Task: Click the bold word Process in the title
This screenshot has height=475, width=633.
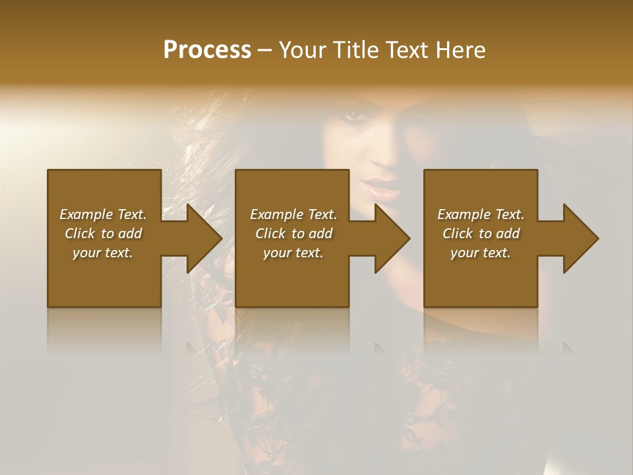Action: [207, 49]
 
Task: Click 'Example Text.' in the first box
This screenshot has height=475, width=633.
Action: [103, 214]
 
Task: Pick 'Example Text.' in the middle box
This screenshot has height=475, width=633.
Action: [293, 214]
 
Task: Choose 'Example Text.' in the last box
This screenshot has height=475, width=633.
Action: [481, 214]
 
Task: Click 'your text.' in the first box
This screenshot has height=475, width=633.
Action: [103, 253]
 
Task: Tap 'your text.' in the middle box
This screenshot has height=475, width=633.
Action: [293, 253]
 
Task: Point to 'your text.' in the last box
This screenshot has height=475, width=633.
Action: [481, 253]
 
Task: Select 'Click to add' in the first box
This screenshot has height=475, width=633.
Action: [103, 234]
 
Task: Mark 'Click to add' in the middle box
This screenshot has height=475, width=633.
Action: [293, 234]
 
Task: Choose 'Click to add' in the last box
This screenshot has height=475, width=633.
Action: [481, 234]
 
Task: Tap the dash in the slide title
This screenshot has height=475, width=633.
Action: [264, 51]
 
